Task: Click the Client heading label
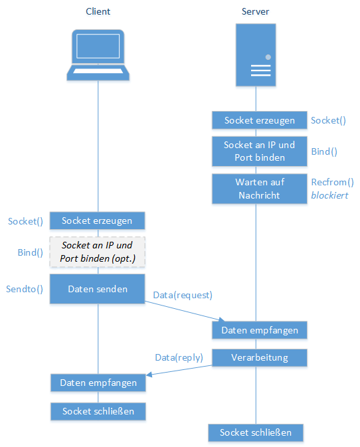98,11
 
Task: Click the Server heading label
255,11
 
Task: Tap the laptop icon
98,55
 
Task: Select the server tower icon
256,54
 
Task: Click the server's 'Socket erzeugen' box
260,120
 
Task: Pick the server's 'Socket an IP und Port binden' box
260,151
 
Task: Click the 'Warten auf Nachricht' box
260,189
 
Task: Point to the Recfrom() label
332,182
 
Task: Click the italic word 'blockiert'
329,195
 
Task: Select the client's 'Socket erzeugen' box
97,221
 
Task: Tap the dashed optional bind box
97,252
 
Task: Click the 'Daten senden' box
97,289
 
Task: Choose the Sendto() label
25,289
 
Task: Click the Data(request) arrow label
183,295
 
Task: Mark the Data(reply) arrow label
179,357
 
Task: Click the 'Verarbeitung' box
260,357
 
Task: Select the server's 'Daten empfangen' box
260,330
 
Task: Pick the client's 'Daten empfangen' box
98,383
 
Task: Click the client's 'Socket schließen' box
98,411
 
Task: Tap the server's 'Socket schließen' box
256,433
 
